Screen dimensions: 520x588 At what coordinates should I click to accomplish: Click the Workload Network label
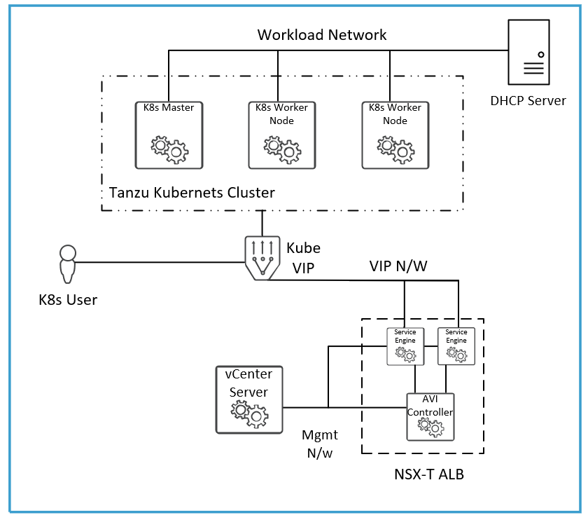(322, 34)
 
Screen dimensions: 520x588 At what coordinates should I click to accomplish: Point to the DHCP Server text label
(528, 100)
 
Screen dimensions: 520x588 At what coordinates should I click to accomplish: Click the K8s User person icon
(67, 262)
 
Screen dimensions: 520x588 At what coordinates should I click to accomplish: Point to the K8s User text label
(68, 300)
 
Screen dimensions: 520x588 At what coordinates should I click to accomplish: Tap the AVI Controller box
(430, 415)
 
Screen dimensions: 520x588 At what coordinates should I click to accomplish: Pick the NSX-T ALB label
(429, 474)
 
